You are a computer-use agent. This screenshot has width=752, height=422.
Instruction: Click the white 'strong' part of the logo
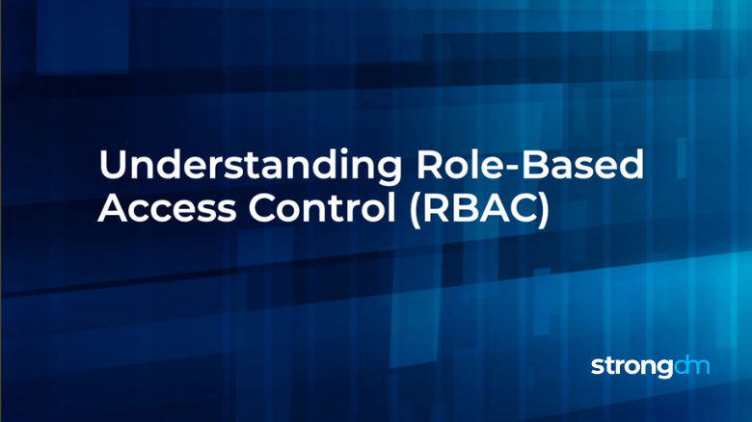[x=628, y=368]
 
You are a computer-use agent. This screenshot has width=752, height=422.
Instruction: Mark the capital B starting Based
[x=534, y=166]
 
